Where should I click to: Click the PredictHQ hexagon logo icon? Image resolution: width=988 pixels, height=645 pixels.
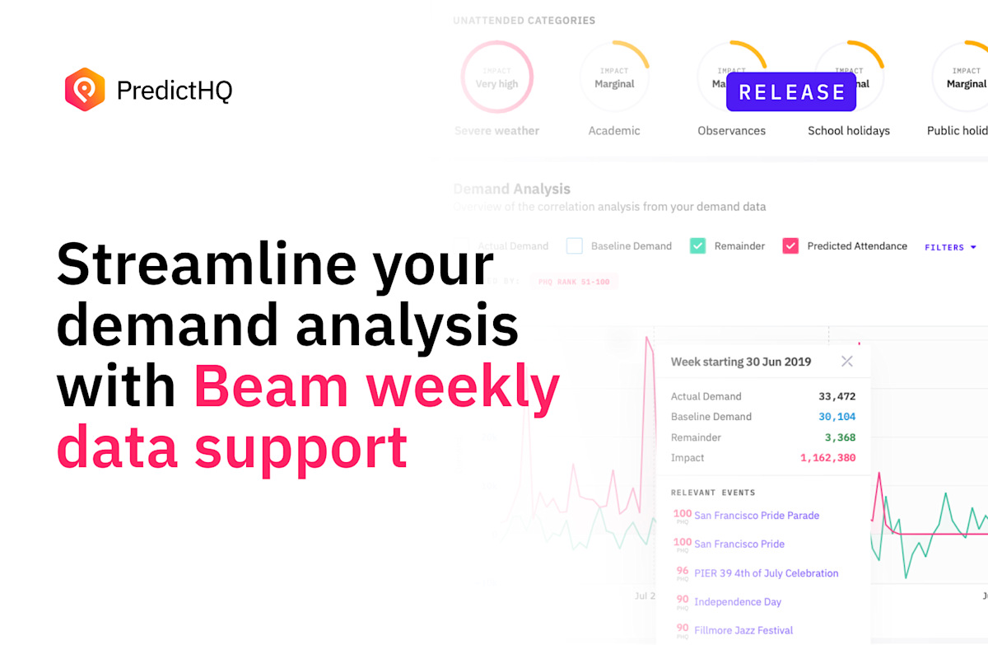(85, 89)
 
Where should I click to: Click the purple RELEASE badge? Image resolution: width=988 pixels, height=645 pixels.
(791, 92)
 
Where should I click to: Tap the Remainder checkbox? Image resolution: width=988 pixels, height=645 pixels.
(698, 245)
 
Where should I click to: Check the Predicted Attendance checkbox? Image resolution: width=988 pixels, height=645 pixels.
(790, 245)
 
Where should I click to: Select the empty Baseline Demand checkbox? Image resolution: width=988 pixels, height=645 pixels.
(575, 245)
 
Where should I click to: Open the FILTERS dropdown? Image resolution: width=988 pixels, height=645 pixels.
(950, 247)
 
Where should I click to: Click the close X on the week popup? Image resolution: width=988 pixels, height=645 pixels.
(846, 362)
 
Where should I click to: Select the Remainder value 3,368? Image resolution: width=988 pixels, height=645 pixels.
(840, 437)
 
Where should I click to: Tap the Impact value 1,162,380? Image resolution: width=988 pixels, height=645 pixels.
(827, 458)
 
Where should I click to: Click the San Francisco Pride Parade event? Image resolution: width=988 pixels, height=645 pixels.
(757, 516)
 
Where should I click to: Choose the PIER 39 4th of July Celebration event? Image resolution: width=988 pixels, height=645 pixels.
(766, 573)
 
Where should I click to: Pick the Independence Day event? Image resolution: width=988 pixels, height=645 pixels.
(738, 602)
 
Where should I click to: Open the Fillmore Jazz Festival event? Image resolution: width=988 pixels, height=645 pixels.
(743, 630)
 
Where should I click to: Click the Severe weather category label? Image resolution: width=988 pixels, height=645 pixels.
(496, 131)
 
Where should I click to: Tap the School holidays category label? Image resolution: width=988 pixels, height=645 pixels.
(848, 131)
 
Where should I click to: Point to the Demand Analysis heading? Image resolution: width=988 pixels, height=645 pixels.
(511, 189)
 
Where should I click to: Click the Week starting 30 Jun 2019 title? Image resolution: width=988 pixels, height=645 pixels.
(740, 362)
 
